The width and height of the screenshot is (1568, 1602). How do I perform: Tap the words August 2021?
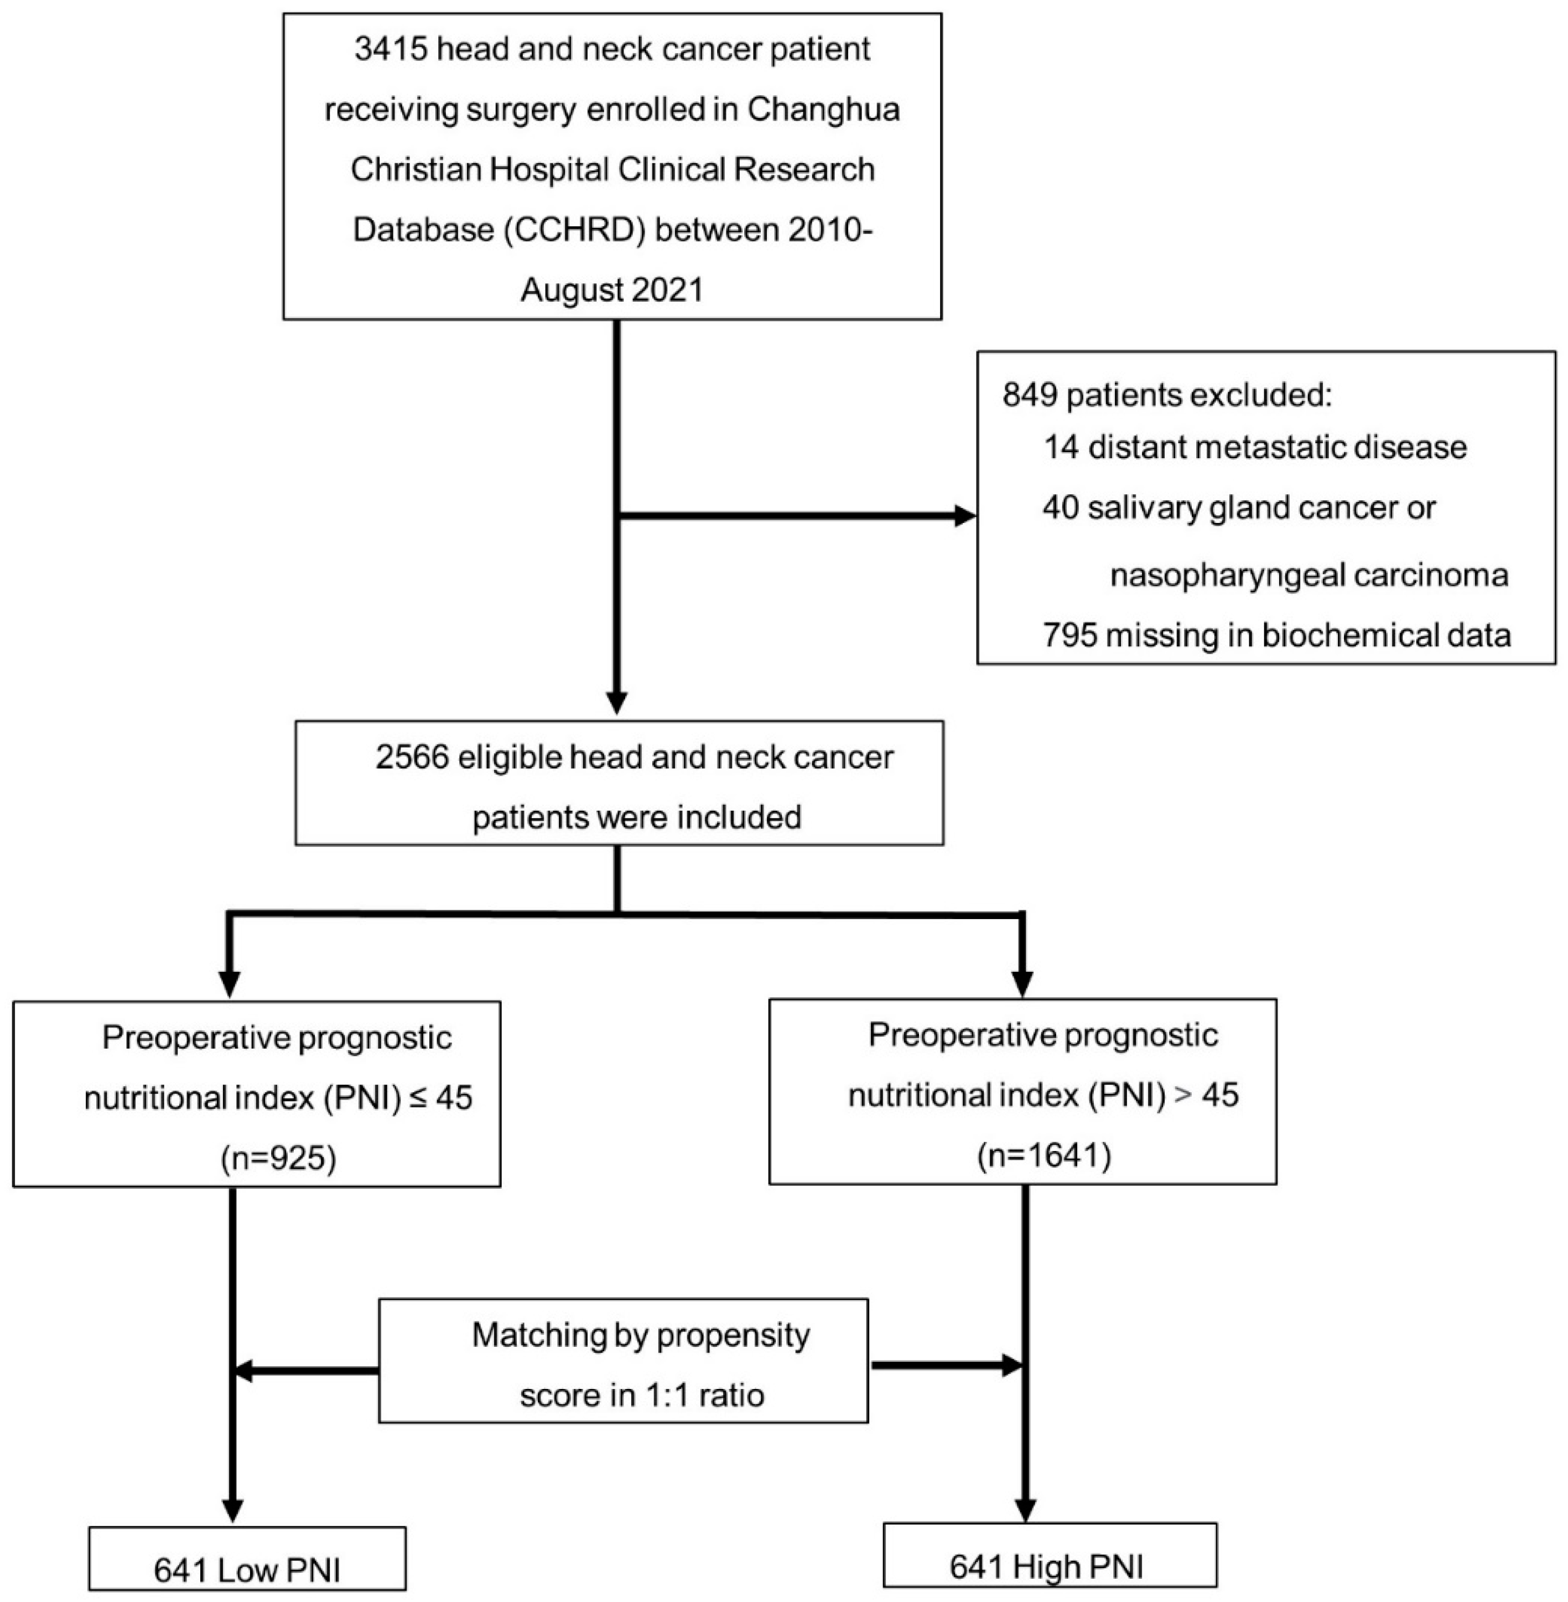pyautogui.click(x=612, y=290)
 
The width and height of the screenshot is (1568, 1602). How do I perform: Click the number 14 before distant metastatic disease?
pyautogui.click(x=1061, y=447)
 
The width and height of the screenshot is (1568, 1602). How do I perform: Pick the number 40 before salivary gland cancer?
pyautogui.click(x=1060, y=507)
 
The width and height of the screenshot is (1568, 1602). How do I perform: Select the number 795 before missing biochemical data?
pyautogui.click(x=1069, y=635)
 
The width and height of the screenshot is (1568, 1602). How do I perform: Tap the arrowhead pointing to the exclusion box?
pyautogui.click(x=964, y=516)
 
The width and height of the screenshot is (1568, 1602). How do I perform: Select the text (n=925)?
pyautogui.click(x=278, y=1158)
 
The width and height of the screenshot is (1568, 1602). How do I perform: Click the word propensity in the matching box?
pyautogui.click(x=730, y=1335)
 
